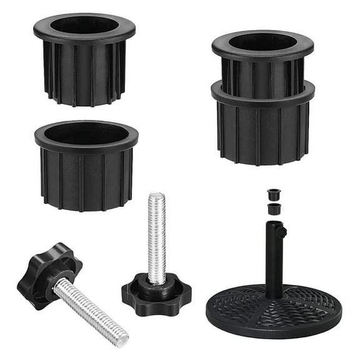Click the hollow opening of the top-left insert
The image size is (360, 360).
(84, 25)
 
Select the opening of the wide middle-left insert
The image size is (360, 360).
(86, 133)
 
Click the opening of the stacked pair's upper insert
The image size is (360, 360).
(262, 42)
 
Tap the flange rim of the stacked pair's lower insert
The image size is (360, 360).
(262, 94)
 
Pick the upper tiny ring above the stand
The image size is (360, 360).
(273, 194)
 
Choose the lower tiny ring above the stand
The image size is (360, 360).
(273, 208)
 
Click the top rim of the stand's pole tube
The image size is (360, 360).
(274, 223)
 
